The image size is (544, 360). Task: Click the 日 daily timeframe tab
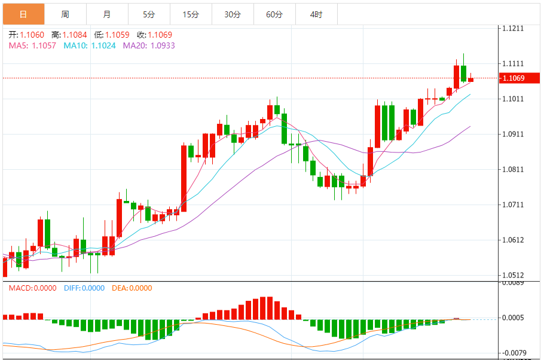point(23,14)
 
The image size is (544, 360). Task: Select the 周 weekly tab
point(65,14)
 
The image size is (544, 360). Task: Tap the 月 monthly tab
point(107,14)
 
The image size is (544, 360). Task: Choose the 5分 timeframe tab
point(149,14)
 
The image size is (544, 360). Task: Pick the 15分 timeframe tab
point(191,14)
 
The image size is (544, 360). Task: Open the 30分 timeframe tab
point(233,14)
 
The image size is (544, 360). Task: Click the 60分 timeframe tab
point(274,14)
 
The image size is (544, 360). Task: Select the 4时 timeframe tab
point(316,14)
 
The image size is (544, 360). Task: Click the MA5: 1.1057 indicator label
point(32,45)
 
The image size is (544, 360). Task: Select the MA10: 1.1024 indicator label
point(90,45)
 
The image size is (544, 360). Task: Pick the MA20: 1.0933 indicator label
point(149,45)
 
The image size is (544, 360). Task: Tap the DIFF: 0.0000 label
point(84,288)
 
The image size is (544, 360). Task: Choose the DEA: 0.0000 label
point(132,288)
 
